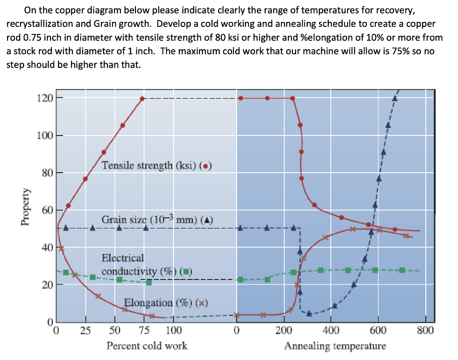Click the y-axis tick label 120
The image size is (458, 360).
[45, 98]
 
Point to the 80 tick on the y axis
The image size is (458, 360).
[47, 173]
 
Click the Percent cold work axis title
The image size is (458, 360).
[147, 346]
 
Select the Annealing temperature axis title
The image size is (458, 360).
[335, 346]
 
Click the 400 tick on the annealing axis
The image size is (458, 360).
[331, 331]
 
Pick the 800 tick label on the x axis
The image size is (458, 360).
[425, 331]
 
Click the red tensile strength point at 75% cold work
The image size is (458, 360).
[142, 98]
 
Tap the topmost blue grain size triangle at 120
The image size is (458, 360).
[394, 98]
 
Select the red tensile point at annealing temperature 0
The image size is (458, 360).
[241, 98]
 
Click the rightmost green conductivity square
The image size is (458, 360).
[402, 270]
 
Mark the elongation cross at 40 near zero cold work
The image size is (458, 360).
[61, 248]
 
